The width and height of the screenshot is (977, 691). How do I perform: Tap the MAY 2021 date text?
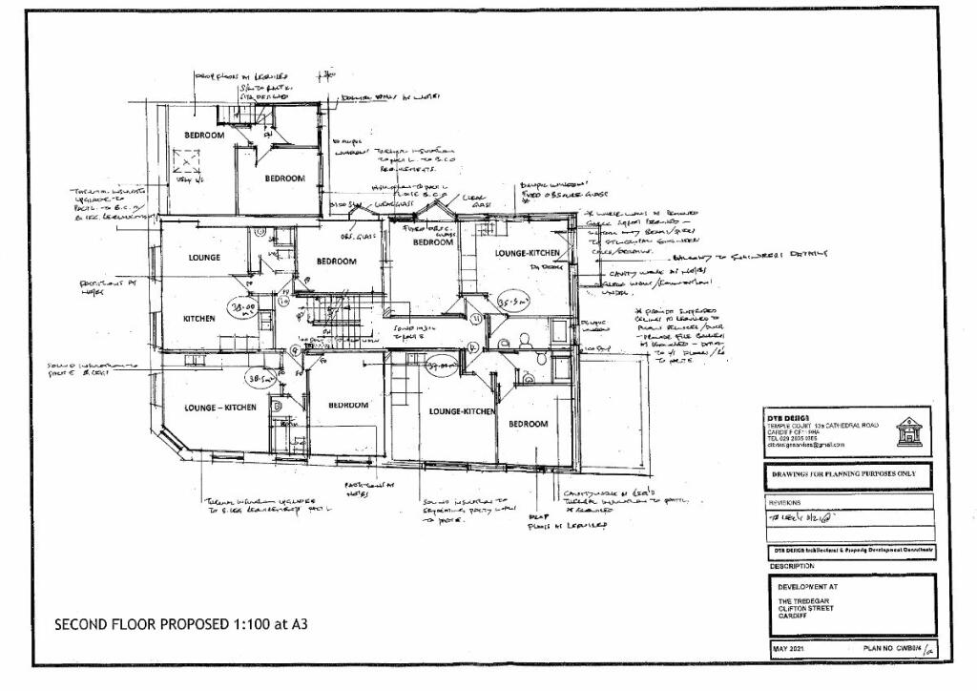790,651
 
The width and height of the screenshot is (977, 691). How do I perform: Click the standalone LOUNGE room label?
204,258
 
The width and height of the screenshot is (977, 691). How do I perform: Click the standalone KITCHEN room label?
198,319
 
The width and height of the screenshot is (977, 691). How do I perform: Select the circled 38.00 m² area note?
242,308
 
